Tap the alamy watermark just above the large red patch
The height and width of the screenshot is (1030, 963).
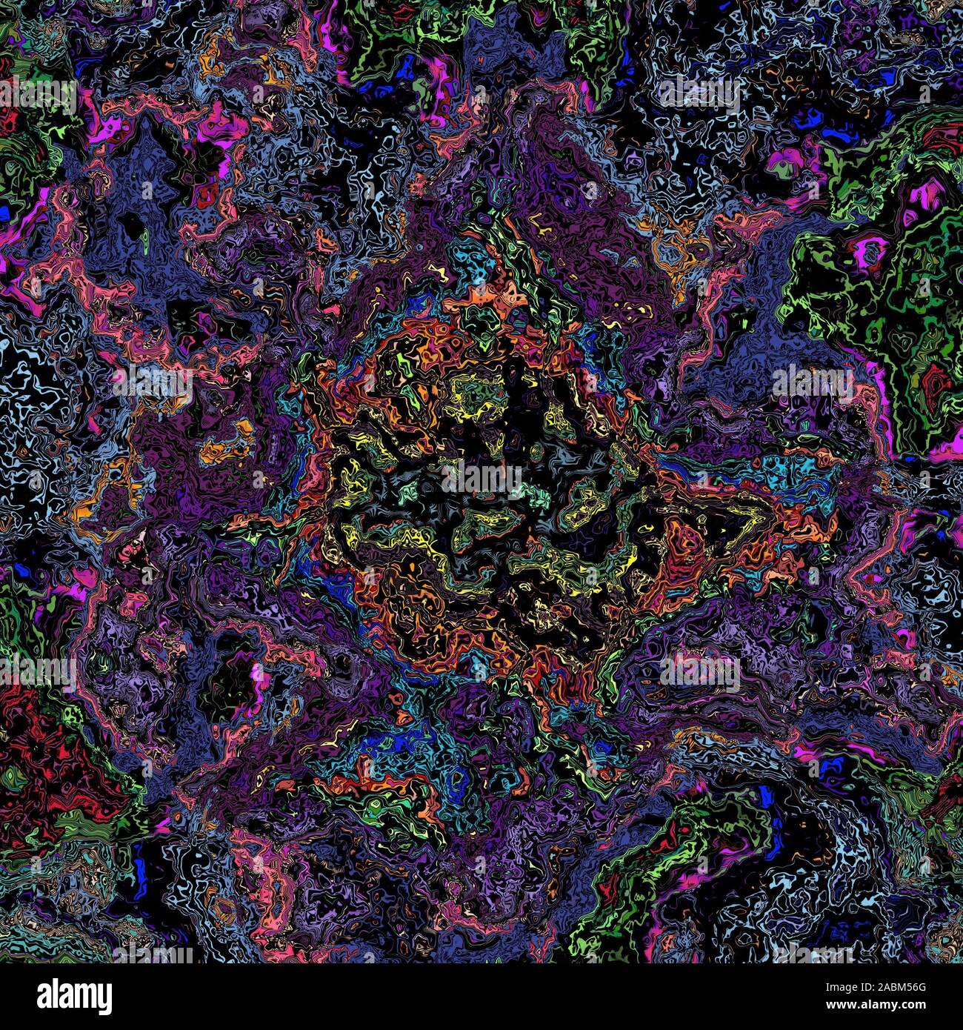pos(39,671)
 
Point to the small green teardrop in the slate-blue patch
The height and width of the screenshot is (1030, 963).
pos(146,237)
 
